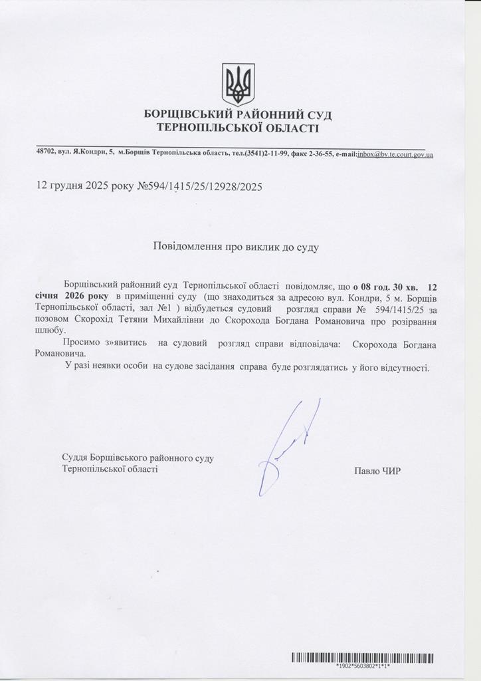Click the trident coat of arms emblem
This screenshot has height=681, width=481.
[x=238, y=84]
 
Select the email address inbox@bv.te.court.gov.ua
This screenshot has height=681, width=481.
[x=395, y=154]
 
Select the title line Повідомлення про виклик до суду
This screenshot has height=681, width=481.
[x=237, y=247]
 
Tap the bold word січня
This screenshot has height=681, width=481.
[x=48, y=296]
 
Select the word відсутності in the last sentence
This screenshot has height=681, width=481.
[x=405, y=367]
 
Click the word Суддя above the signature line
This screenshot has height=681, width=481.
[x=74, y=458]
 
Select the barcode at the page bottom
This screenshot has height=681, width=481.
[x=362, y=658]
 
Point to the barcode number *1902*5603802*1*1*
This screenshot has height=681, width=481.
[x=363, y=666]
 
